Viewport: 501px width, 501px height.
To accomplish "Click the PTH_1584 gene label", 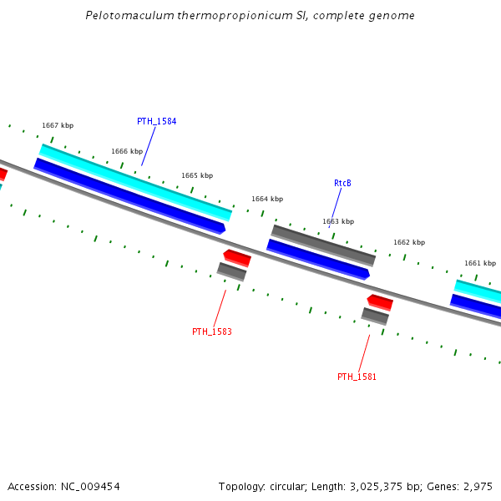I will click(x=156, y=121).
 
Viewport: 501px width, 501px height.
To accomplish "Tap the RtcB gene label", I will click(x=342, y=183).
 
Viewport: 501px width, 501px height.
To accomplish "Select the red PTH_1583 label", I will click(x=212, y=331).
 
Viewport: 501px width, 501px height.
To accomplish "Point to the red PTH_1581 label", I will click(x=357, y=377).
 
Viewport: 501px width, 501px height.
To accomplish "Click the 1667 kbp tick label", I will click(x=58, y=126).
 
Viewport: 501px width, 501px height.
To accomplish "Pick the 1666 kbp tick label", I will click(x=127, y=152).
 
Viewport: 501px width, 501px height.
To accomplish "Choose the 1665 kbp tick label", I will click(x=197, y=175).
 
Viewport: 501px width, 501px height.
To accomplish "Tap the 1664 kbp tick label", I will click(x=267, y=199).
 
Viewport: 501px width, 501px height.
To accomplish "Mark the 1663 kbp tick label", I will click(x=338, y=221).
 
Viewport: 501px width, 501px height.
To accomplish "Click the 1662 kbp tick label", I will click(x=409, y=242).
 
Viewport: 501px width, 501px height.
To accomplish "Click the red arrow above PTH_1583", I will click(x=237, y=257).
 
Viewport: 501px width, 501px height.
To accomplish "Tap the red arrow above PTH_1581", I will click(x=380, y=301).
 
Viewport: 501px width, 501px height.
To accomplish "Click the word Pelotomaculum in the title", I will click(x=123, y=16).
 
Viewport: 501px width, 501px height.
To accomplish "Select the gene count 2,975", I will click(x=477, y=486).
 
